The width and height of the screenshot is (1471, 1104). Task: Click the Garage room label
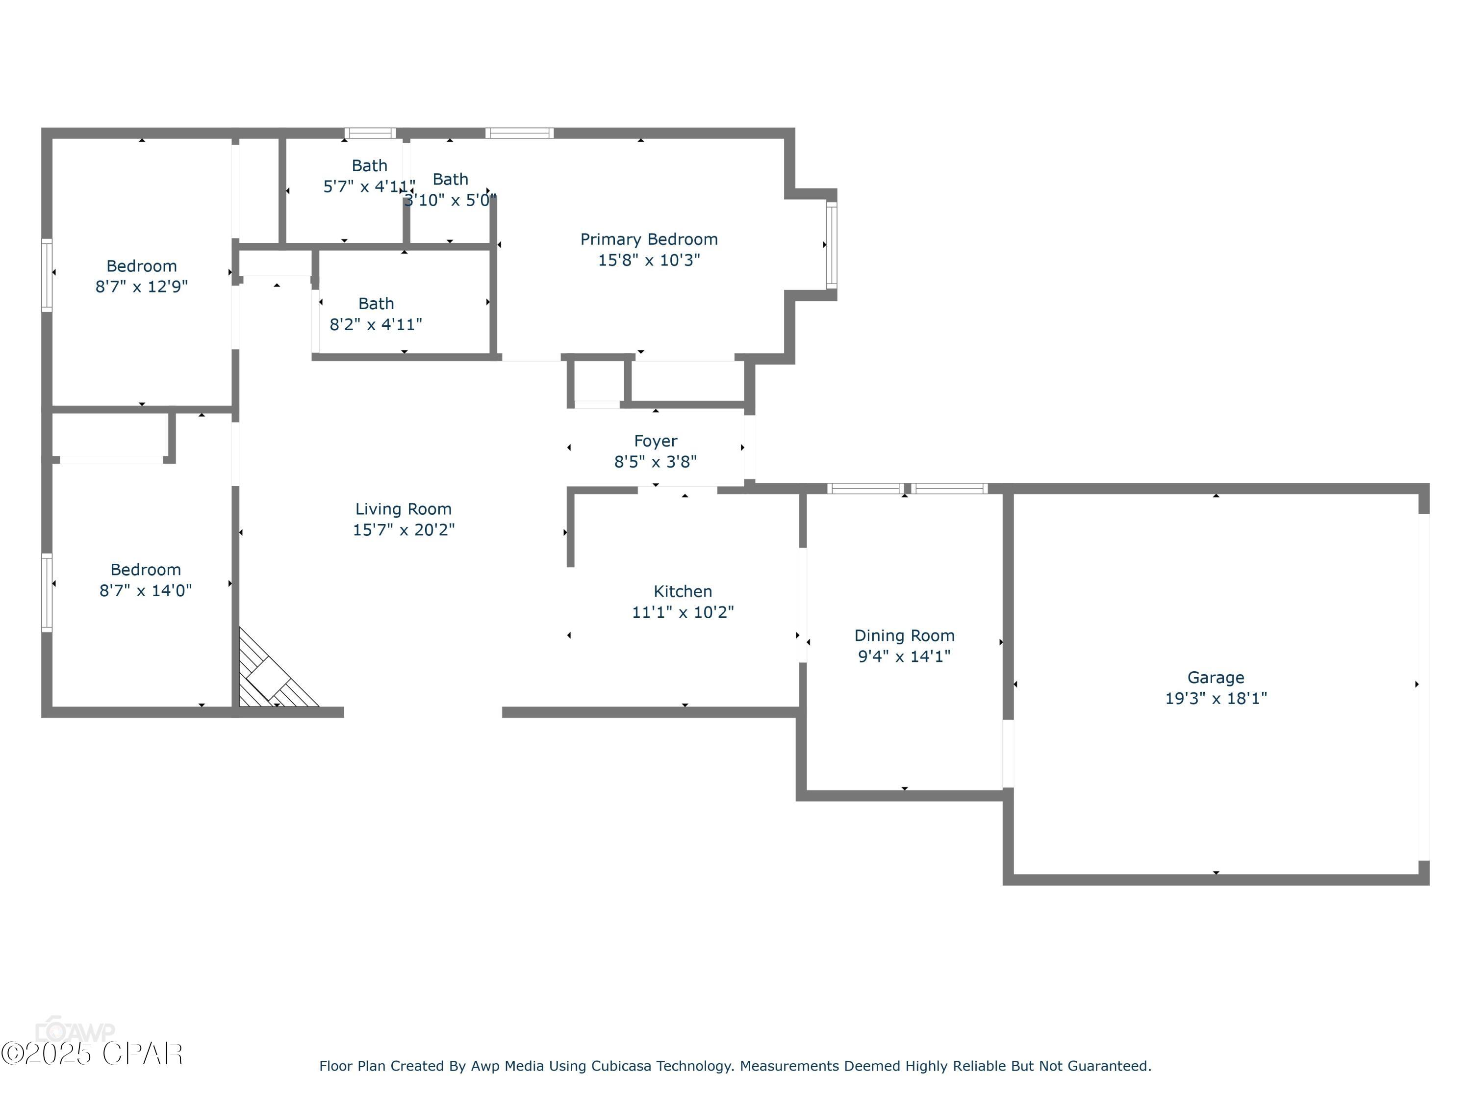click(x=1216, y=678)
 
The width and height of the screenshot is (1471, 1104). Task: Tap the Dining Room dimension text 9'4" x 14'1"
click(x=904, y=656)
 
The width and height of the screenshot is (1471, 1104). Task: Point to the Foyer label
click(x=656, y=441)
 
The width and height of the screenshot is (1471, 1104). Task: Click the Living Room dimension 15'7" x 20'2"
click(x=403, y=530)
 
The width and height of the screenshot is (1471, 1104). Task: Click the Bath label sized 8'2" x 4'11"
click(x=376, y=303)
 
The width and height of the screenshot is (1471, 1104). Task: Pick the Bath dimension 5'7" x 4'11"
click(x=369, y=186)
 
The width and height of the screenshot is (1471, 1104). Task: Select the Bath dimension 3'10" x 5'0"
click(x=450, y=200)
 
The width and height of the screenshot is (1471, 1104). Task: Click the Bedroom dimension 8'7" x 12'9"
click(x=142, y=287)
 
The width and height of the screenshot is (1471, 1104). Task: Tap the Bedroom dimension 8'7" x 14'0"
click(x=146, y=590)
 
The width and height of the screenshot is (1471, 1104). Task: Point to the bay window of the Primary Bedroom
click(x=831, y=245)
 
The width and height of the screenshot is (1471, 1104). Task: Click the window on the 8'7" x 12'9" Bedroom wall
click(x=47, y=275)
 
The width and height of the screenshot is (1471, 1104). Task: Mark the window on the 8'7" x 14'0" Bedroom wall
click(x=47, y=592)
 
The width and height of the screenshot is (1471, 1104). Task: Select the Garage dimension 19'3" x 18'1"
click(x=1216, y=698)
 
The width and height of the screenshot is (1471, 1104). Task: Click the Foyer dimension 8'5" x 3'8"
click(x=656, y=462)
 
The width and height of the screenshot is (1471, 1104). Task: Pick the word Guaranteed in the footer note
click(x=1109, y=1066)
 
